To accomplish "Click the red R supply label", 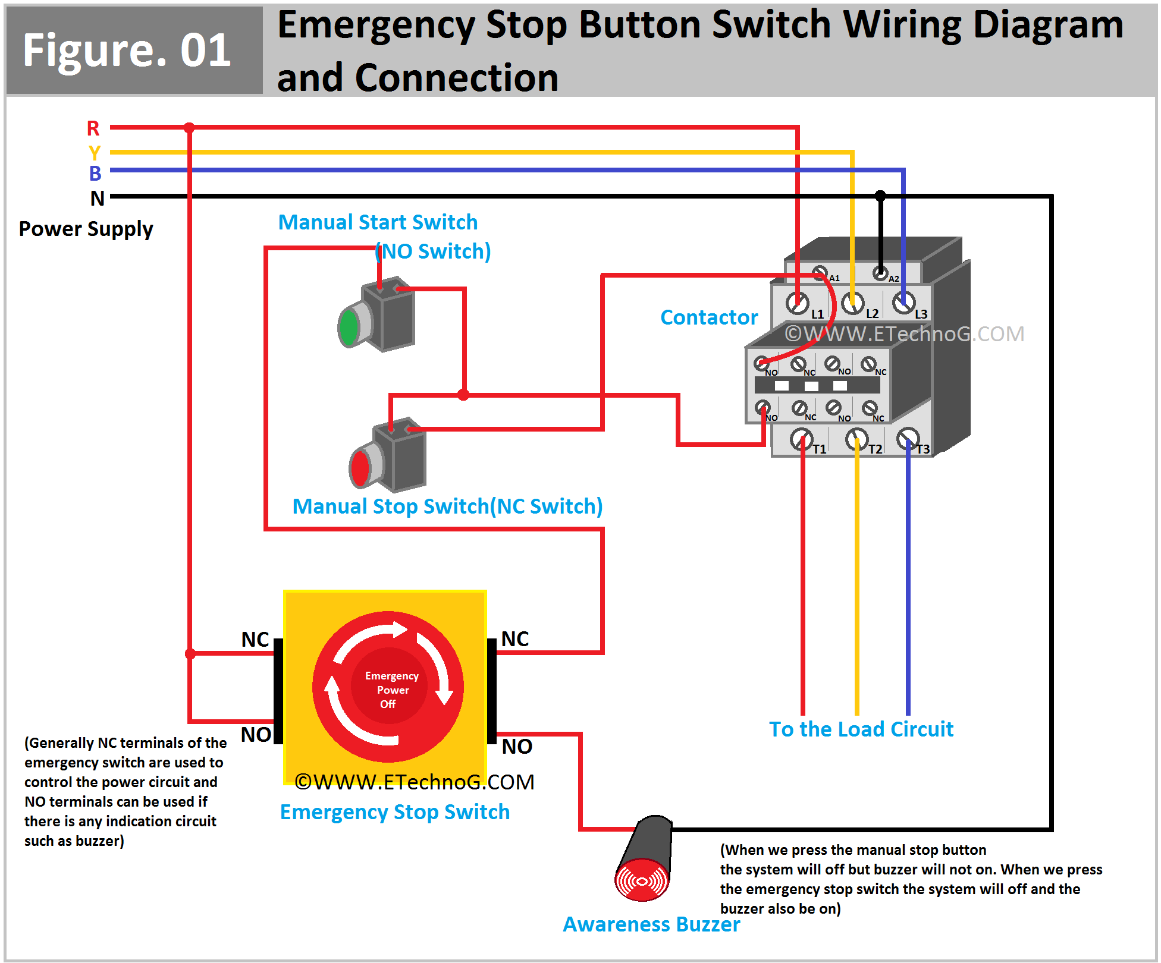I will tap(93, 128).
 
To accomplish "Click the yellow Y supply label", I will tap(95, 153).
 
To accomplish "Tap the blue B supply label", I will tap(95, 174).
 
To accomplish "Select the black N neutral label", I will tap(98, 199).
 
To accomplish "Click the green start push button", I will tap(349, 326).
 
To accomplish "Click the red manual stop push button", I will tap(360, 468).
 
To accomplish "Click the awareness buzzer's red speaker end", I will tap(641, 880).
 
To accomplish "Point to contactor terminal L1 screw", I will tap(797, 303).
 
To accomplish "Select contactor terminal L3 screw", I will tap(903, 304).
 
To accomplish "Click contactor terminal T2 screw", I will tap(856, 439).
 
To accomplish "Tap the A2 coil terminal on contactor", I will tap(880, 273).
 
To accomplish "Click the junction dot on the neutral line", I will tap(880, 196).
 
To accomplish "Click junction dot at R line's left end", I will tap(189, 128).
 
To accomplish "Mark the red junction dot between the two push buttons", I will tap(463, 395).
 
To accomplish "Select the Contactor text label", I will tap(709, 317).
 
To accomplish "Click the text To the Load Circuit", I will tap(861, 729).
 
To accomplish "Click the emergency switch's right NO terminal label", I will tap(517, 747).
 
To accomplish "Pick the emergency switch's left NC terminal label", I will tap(255, 640).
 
